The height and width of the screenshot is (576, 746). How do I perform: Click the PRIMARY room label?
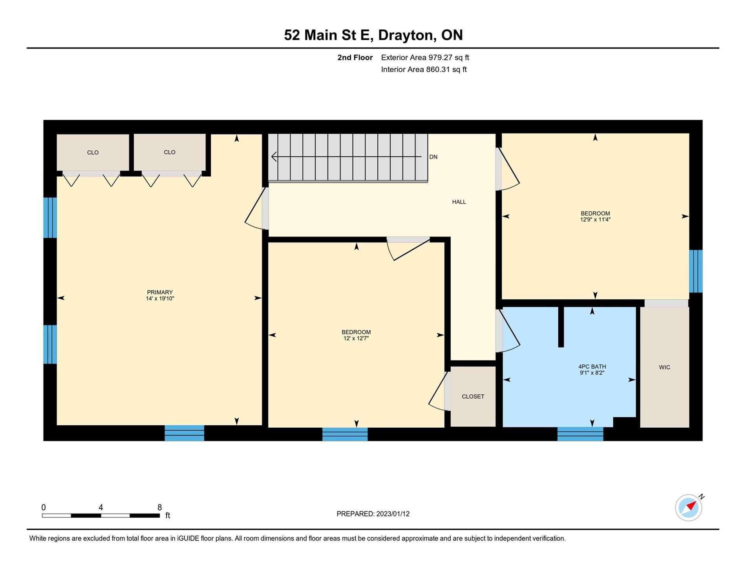click(160, 292)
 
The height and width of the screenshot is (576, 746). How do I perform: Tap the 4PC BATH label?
click(592, 367)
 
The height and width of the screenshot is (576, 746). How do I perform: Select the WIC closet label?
click(665, 367)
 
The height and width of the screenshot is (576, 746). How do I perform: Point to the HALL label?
click(459, 202)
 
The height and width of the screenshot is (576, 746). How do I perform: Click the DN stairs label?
click(433, 157)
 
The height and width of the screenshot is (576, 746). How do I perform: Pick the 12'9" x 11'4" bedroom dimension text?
click(595, 220)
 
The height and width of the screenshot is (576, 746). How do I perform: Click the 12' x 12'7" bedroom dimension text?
click(356, 338)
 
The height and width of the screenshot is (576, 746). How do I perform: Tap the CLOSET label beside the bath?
click(473, 397)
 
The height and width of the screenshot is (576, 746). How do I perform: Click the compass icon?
click(689, 508)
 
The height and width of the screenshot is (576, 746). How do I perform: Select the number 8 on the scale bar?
click(160, 507)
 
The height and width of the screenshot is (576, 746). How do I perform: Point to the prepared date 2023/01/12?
click(393, 514)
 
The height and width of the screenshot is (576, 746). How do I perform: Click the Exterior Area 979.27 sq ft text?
click(425, 58)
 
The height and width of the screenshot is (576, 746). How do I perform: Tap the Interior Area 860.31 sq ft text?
click(424, 70)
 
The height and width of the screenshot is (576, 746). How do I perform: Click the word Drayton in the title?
click(407, 35)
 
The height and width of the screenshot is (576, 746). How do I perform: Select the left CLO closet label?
click(93, 153)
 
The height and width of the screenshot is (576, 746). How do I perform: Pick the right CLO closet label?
click(170, 152)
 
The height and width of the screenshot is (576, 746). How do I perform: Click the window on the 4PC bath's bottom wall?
click(580, 434)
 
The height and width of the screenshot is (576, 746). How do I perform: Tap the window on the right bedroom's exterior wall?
click(696, 271)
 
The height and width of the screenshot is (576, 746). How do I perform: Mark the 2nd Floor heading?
click(355, 58)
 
